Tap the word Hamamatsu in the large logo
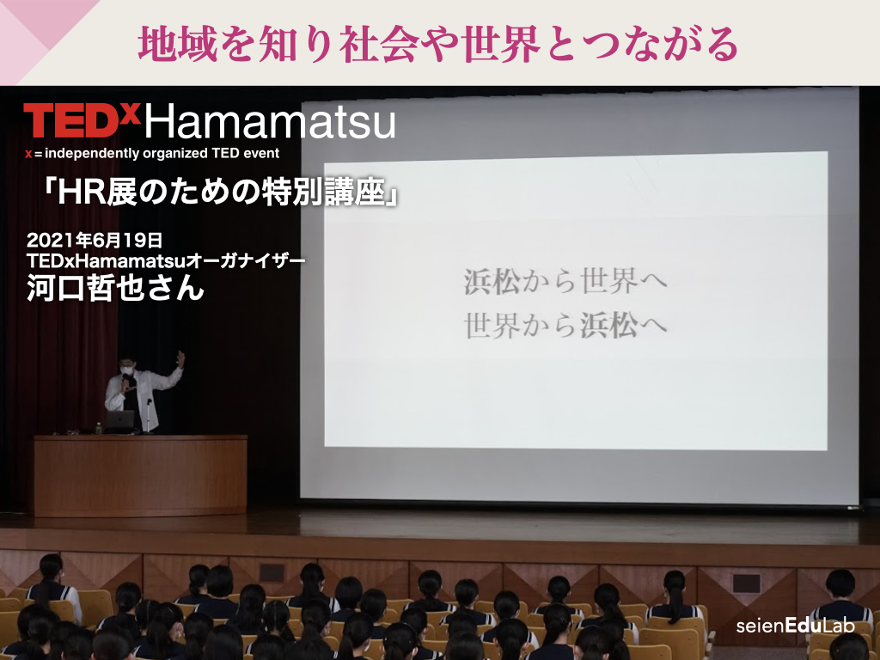270,122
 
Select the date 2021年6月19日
95,241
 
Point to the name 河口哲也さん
115,288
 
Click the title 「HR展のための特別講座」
220,192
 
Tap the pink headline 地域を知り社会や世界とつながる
437,44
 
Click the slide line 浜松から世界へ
565,281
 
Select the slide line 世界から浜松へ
565,326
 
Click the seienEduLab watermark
795,626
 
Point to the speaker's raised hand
180,358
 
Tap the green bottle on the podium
98,428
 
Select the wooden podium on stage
140,474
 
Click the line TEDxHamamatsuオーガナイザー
166,261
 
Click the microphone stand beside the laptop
147,416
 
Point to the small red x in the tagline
28,155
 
